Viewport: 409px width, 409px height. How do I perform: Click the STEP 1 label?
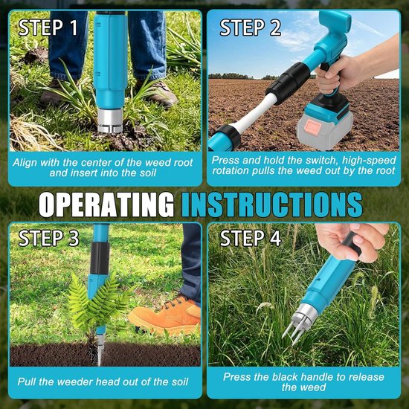tap(48, 28)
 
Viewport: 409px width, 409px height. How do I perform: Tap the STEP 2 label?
tap(250, 28)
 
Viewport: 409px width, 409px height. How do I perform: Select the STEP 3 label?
tap(49, 238)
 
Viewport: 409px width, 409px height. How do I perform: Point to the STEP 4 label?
tap(251, 238)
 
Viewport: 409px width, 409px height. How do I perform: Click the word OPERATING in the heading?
tap(106, 204)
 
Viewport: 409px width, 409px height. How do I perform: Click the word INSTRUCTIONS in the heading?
tap(272, 204)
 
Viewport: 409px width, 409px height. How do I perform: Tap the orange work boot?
tap(166, 315)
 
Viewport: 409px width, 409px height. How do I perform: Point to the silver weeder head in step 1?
tap(110, 120)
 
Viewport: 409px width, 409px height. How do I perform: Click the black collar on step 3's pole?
tap(100, 258)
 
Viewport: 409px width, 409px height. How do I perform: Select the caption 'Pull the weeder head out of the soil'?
tap(103, 381)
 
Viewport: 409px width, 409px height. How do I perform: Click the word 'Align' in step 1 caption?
tap(25, 163)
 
